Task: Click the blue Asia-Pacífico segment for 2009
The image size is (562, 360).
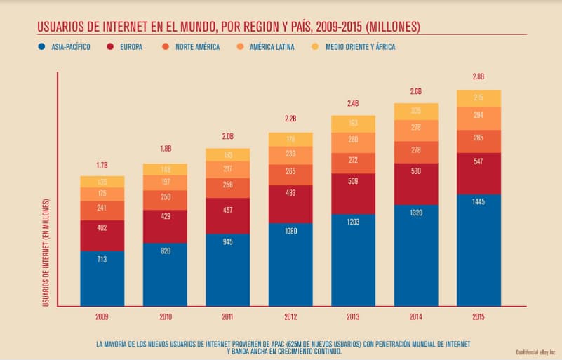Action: pos(102,278)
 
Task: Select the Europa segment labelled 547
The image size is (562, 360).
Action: pos(479,173)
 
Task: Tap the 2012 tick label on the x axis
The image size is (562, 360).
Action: pos(290,317)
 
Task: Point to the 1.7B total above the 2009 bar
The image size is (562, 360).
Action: pos(102,166)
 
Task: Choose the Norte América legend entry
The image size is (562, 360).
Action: pos(196,46)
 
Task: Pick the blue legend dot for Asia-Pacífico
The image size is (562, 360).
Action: pos(44,47)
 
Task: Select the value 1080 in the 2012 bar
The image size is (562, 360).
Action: pos(290,230)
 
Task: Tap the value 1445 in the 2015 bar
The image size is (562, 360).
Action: pos(479,201)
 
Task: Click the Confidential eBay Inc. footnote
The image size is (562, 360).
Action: pos(535,351)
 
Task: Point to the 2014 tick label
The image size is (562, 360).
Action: pos(416,317)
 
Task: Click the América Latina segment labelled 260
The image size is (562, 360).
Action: pos(353,139)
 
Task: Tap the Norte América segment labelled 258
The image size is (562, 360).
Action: pos(227,184)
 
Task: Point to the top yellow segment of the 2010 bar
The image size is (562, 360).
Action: pos(165,169)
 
